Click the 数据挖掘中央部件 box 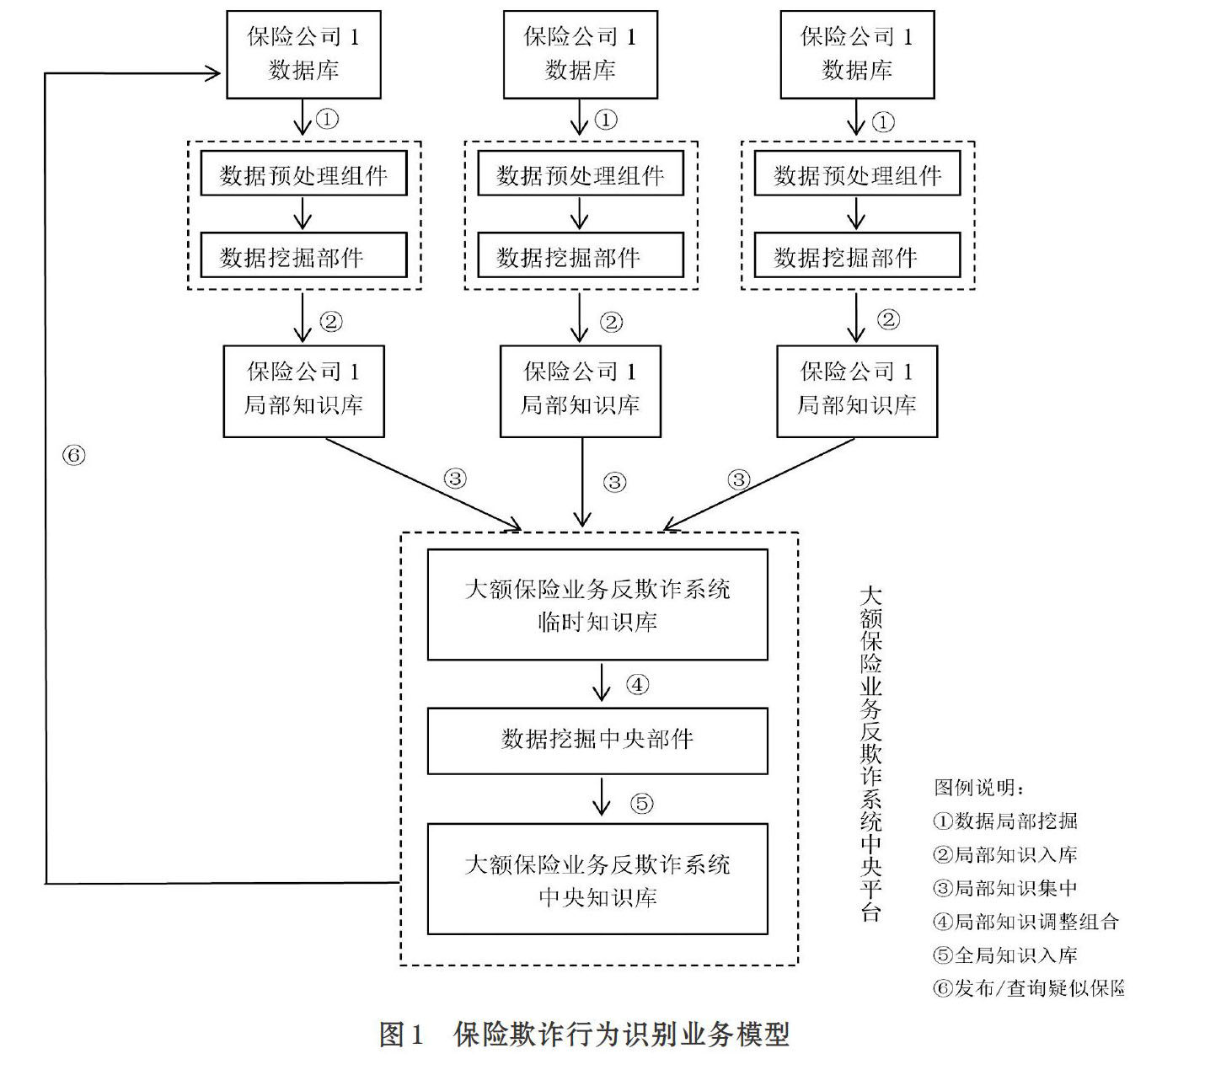(597, 741)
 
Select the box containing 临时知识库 (597, 604)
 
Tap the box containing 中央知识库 (597, 880)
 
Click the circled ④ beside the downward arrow (637, 685)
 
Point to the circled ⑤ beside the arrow (641, 803)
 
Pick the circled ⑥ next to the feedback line (73, 455)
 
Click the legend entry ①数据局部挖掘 (1004, 821)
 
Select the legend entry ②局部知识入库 (1004, 854)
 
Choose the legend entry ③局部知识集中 (1004, 888)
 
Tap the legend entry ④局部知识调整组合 (1026, 922)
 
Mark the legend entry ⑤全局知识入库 (1004, 955)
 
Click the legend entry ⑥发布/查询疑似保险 (1029, 988)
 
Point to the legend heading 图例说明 (978, 787)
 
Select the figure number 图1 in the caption (401, 1035)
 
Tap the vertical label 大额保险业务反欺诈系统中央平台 (870, 754)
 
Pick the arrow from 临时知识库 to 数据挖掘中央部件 (601, 682)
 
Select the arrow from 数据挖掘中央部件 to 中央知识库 (601, 797)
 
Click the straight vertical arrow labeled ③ (582, 483)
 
